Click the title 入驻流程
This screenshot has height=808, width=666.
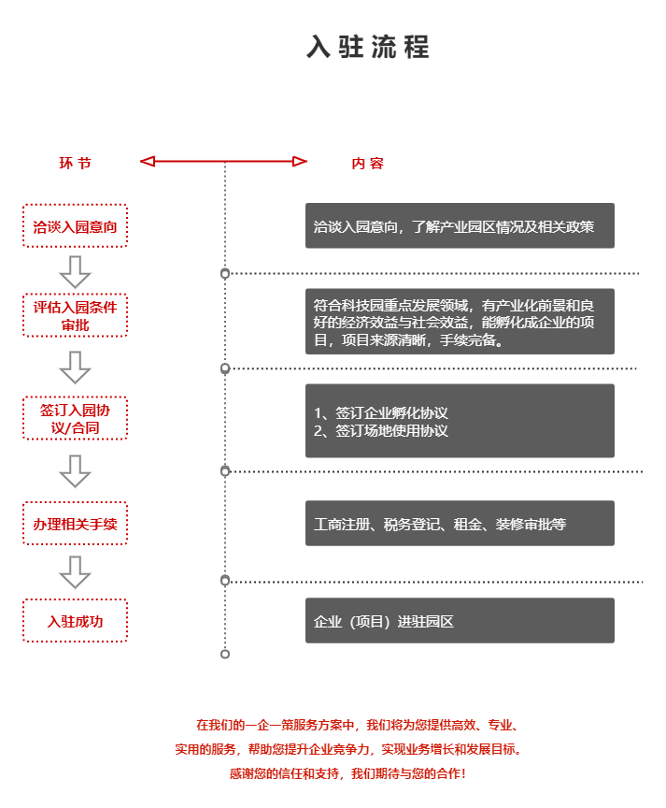tap(368, 47)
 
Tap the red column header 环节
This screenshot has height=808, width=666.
tap(76, 164)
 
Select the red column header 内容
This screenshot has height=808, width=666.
tap(367, 164)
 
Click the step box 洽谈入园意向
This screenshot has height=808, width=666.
tap(75, 226)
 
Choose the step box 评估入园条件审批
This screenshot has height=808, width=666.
tap(75, 315)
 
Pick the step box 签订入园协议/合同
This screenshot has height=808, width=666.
tap(75, 418)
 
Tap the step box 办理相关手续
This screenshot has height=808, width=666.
tap(75, 524)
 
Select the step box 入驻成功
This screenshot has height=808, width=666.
tap(75, 621)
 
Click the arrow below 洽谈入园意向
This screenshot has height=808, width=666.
tap(75, 272)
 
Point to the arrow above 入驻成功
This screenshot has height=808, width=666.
tap(75, 571)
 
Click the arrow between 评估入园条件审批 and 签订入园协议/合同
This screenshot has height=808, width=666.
tap(75, 367)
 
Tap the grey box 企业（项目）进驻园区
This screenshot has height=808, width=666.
tap(460, 621)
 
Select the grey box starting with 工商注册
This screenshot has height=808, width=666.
tap(460, 524)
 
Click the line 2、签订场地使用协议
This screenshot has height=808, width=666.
tap(381, 431)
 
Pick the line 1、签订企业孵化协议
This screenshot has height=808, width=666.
tap(381, 412)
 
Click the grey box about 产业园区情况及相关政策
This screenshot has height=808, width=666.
tap(460, 226)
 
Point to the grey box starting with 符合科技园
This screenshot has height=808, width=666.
tap(460, 322)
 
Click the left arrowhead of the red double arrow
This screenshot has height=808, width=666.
tap(147, 162)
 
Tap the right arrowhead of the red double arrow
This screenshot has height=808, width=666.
tap(300, 162)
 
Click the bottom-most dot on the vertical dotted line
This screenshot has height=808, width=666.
tap(225, 654)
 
